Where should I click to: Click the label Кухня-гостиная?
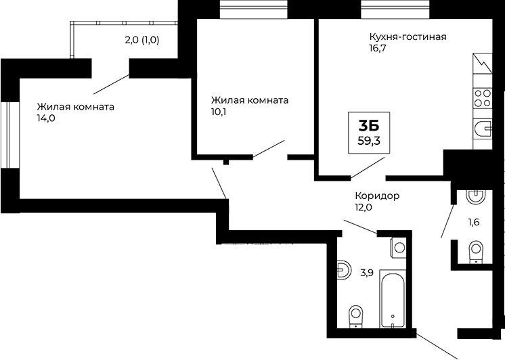coord(407,37)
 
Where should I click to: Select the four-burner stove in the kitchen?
coord(483,98)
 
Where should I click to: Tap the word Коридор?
coord(377,196)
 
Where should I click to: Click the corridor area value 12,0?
coord(364,208)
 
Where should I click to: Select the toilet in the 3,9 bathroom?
coord(355,316)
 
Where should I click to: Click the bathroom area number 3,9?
coord(367,273)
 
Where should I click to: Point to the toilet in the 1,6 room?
coord(475,252)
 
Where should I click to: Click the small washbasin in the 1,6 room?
coord(475,197)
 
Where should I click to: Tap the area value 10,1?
coord(219,112)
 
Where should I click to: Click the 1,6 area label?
coord(474,221)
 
